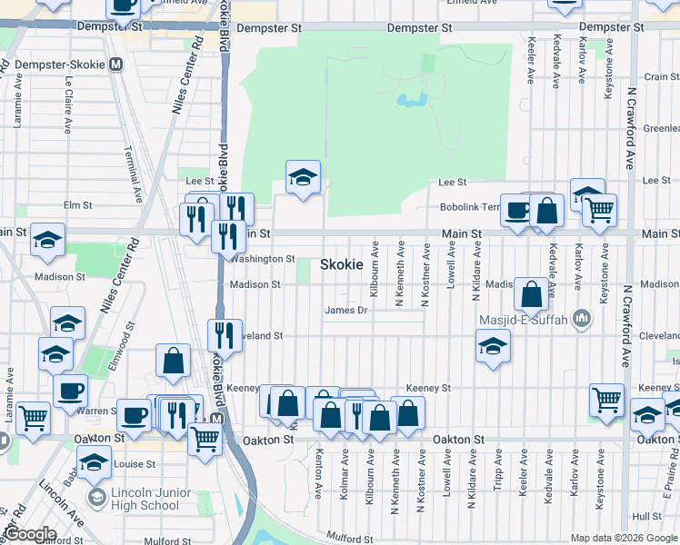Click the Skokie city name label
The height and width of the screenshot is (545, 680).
(x=342, y=264)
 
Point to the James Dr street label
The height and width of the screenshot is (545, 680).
(x=345, y=310)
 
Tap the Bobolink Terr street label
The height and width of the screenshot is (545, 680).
(x=470, y=207)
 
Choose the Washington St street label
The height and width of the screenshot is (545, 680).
(x=263, y=259)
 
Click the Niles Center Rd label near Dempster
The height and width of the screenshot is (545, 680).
(x=187, y=75)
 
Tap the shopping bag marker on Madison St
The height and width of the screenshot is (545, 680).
(x=531, y=293)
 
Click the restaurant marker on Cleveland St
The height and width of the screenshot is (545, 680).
(x=225, y=335)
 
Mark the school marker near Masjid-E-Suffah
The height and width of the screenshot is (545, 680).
(x=493, y=346)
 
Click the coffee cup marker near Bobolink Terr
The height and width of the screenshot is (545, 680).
(x=517, y=210)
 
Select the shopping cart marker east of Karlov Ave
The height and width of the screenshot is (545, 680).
(x=599, y=210)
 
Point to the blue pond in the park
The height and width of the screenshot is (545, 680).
(x=413, y=99)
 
